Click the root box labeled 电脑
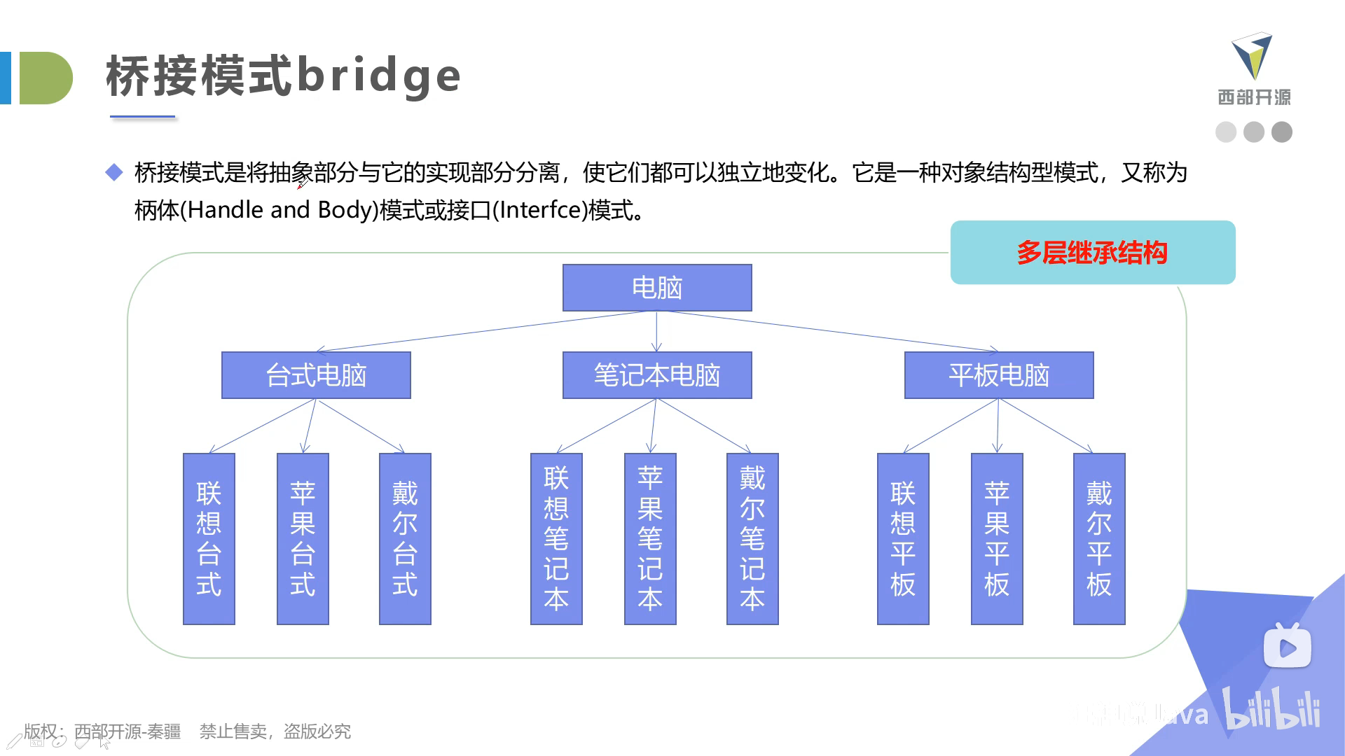click(x=657, y=288)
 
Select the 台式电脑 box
click(x=316, y=375)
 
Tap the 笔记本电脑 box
click(x=657, y=375)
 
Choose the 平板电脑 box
click(x=999, y=375)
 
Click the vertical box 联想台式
click(x=209, y=538)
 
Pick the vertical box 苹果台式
click(x=303, y=538)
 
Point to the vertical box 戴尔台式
click(x=405, y=538)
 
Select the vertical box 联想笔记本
click(x=556, y=538)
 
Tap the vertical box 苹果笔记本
click(x=650, y=538)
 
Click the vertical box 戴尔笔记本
click(x=752, y=538)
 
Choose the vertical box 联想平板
click(x=903, y=538)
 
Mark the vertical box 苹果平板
click(x=997, y=538)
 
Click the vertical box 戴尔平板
click(x=1099, y=538)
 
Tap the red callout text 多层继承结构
click(x=1092, y=253)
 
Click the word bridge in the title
click(x=379, y=76)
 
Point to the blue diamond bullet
click(x=114, y=172)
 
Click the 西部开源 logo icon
click(x=1252, y=56)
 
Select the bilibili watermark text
click(x=1271, y=710)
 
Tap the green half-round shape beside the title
click(x=46, y=78)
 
